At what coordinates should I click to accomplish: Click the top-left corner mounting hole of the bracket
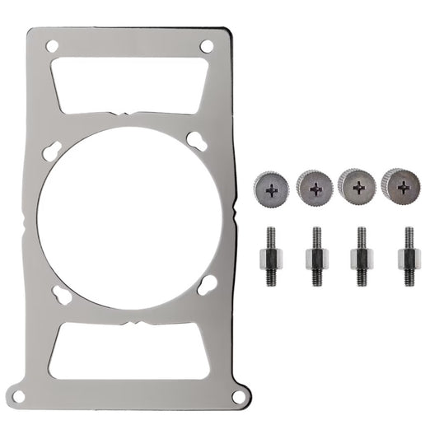pos(53,47)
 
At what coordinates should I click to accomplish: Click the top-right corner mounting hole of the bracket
pos(206,46)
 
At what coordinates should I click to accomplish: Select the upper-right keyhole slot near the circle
pos(196,140)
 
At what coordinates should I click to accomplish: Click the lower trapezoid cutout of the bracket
pos(128,350)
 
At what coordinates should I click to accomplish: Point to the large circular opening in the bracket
pos(128,218)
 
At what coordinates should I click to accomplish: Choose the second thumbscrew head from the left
pos(314,186)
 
